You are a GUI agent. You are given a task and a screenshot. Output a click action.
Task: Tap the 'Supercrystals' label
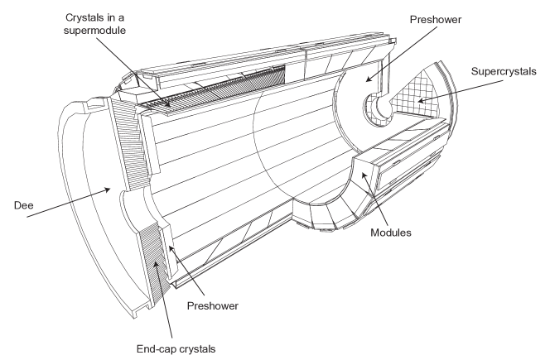(504, 71)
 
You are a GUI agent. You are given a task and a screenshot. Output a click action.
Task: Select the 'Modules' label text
(391, 233)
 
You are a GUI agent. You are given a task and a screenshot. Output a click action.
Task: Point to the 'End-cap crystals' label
(177, 348)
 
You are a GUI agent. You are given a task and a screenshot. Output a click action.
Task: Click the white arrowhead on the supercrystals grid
(421, 101)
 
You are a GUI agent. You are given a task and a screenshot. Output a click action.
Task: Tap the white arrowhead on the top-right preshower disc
(367, 79)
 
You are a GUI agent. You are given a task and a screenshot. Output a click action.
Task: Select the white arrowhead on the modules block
(364, 174)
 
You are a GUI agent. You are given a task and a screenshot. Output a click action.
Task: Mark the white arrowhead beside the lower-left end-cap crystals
(171, 247)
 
